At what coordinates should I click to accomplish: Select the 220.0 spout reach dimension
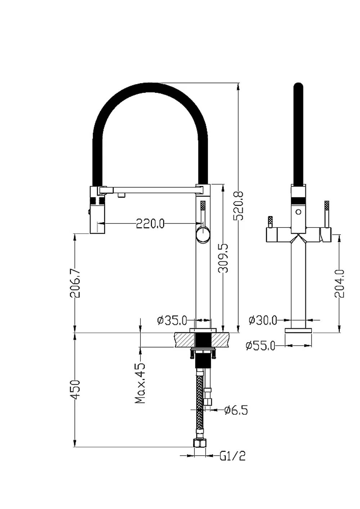tap(150, 224)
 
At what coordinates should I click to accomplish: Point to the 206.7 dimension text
tap(75, 283)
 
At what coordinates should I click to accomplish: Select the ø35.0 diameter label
tap(172, 320)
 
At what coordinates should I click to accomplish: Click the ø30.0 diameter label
tap(263, 320)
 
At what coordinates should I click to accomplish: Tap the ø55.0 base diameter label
tap(260, 346)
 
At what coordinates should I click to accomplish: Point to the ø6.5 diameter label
tap(236, 410)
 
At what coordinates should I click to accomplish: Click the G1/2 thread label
tap(233, 456)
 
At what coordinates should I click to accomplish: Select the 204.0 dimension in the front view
tap(339, 284)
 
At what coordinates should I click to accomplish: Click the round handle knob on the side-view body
tap(203, 235)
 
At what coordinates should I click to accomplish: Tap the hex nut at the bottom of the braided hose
tap(200, 443)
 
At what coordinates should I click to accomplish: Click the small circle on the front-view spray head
tap(298, 212)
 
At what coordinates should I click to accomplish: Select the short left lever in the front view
tap(270, 222)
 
